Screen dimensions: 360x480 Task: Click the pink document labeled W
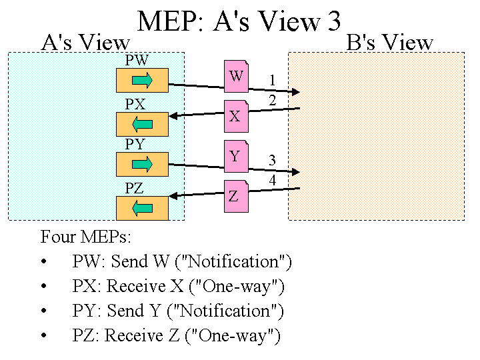tap(236, 76)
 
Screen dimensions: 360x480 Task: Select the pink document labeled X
tap(235, 116)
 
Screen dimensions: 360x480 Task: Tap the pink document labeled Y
tap(235, 156)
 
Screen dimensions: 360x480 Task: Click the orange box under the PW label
tap(141, 81)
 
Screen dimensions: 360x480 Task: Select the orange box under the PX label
tap(141, 123)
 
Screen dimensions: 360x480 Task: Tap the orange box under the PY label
tap(141, 165)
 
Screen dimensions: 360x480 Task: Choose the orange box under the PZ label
tap(141, 208)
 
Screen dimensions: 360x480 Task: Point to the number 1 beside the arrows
tap(272, 81)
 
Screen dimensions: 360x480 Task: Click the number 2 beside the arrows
tap(272, 101)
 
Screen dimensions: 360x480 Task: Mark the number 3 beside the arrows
tap(272, 161)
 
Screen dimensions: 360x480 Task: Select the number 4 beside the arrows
tap(272, 181)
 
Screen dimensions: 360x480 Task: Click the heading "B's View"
tap(390, 43)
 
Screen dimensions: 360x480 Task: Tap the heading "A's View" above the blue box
tap(85, 43)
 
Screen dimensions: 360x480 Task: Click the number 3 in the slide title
tap(333, 22)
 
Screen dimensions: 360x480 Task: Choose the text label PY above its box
tap(135, 145)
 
